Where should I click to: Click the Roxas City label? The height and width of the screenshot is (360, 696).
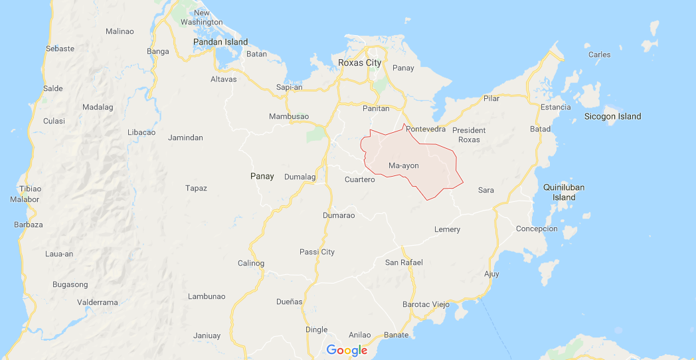coord(360,62)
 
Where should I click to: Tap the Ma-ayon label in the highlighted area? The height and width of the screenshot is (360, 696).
coord(404,165)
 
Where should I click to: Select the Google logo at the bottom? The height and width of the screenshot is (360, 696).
coord(347,350)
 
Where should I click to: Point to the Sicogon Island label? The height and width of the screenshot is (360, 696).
coord(612,116)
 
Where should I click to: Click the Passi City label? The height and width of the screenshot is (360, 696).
coord(317,252)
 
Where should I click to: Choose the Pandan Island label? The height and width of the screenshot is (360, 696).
coord(220,42)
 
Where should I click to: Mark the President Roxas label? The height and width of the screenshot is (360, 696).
coord(469,135)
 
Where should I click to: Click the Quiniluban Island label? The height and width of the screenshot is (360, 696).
coord(564,192)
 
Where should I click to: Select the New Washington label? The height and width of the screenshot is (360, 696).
coord(201,17)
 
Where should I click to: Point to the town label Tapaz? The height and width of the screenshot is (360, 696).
coord(196,188)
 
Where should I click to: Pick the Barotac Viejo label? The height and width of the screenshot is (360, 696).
coord(426,304)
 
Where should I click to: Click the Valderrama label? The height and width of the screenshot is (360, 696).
coord(98,302)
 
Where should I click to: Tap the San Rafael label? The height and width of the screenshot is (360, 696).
coord(404,262)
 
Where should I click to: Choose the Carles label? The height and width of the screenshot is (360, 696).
coord(599,54)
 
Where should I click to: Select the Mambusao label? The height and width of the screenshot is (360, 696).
coord(289,116)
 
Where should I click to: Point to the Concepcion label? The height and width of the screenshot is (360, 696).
coord(537,228)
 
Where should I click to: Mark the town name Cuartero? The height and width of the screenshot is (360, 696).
coord(360,179)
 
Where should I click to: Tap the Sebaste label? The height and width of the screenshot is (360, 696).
coord(60,48)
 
